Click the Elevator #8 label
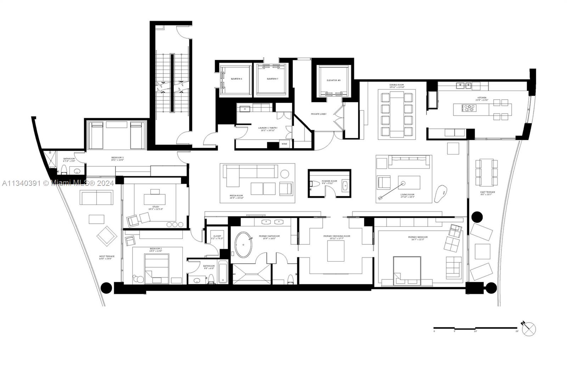pyautogui.click(x=333, y=80)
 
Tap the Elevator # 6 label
pyautogui.click(x=236, y=79)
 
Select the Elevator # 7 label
pyautogui.click(x=273, y=79)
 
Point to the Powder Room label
pyautogui.click(x=329, y=181)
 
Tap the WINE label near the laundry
pyautogui.click(x=284, y=144)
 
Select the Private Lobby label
pyautogui.click(x=319, y=114)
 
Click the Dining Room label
pyautogui.click(x=397, y=85)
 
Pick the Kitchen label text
pyautogui.click(x=482, y=98)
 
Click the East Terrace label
pyautogui.click(x=488, y=192)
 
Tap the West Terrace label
pyautogui.click(x=107, y=256)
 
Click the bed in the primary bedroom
pyautogui.click(x=406, y=271)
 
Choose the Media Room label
pyautogui.click(x=236, y=196)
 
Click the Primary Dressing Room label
pyautogui.click(x=336, y=236)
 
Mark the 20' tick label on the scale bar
pyautogui.click(x=517, y=331)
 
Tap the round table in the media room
pyautogui.click(x=285, y=174)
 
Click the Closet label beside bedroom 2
pyautogui.click(x=217, y=236)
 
